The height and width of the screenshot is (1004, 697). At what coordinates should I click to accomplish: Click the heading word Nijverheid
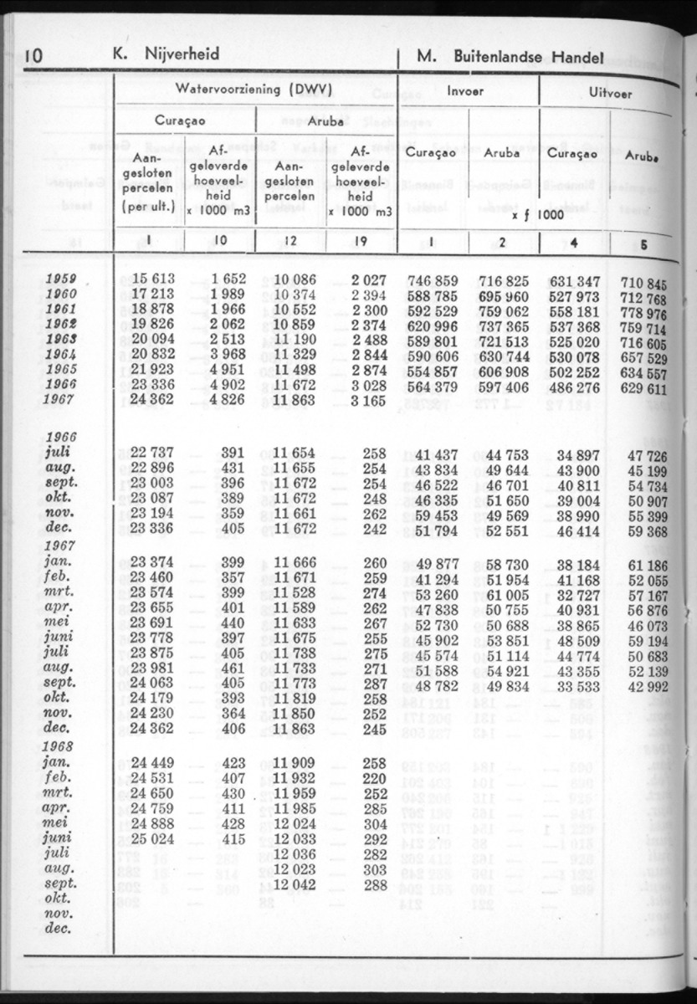pos(182,54)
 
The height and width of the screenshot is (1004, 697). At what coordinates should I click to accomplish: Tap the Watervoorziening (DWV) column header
pos(254,88)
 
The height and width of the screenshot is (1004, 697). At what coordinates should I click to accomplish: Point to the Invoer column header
pos(465,90)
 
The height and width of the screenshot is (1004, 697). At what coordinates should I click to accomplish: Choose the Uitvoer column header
pos(610,94)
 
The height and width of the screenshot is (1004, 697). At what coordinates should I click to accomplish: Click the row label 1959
pos(61,279)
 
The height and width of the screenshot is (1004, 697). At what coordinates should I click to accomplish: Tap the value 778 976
pos(644,313)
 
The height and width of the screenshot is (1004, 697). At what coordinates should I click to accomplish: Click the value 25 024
pos(151,838)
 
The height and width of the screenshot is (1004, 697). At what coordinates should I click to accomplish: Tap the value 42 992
pos(648,686)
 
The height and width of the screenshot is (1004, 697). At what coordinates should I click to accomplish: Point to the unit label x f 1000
pos(536,214)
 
